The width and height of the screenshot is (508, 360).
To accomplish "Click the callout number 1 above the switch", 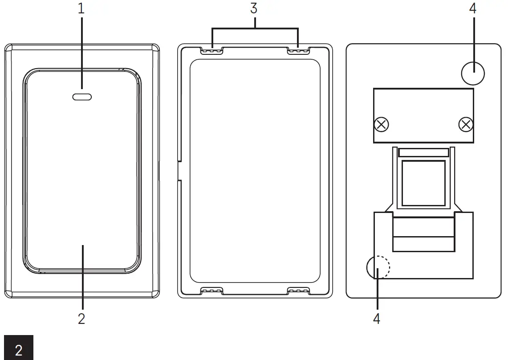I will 81,9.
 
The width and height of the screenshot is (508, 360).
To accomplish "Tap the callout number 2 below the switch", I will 81,319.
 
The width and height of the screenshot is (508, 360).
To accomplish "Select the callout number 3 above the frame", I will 254,9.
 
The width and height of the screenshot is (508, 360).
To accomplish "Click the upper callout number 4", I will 473,9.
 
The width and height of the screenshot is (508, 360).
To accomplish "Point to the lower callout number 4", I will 377,319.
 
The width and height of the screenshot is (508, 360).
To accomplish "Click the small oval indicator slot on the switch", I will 82,96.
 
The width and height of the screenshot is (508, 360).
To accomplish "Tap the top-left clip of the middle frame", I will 212,51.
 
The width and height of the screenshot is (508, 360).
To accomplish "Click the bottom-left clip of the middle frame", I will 212,291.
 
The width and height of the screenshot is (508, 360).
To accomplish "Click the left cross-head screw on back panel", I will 381,125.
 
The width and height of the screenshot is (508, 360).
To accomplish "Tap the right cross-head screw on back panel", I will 465,125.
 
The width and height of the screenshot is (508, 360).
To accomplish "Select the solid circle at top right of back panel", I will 473,73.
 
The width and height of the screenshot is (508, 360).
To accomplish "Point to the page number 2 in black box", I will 18,349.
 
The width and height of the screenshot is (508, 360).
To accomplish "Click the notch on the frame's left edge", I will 178,171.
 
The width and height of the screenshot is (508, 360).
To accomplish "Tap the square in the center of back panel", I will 423,183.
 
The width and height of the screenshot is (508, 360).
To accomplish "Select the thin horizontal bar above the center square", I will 423,152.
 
